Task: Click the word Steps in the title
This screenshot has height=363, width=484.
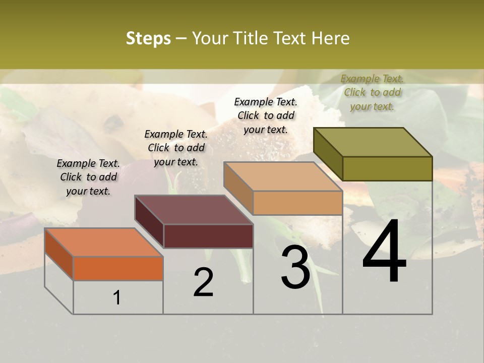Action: point(148,39)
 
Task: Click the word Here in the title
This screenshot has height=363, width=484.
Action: point(330,39)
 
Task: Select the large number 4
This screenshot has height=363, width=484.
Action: point(384,252)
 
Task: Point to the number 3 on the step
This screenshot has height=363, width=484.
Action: point(295,267)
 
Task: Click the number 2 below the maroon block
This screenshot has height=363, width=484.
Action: point(203,282)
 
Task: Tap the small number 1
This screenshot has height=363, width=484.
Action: point(117,297)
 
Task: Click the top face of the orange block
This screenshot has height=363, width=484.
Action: point(103,242)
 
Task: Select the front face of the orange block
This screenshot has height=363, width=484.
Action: point(118,268)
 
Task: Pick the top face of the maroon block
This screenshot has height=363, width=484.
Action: point(194,210)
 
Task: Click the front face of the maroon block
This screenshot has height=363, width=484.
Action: point(208,236)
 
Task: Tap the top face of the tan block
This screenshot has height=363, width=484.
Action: point(283,176)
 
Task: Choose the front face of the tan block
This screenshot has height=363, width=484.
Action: point(297,203)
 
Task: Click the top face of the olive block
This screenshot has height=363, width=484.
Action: point(373,142)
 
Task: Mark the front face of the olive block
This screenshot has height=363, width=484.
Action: point(387,168)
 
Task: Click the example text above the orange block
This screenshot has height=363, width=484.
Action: point(88,177)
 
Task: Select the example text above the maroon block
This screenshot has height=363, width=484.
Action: point(176,148)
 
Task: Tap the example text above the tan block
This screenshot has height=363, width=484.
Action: point(266,115)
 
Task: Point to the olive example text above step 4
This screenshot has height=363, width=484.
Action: point(372,92)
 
